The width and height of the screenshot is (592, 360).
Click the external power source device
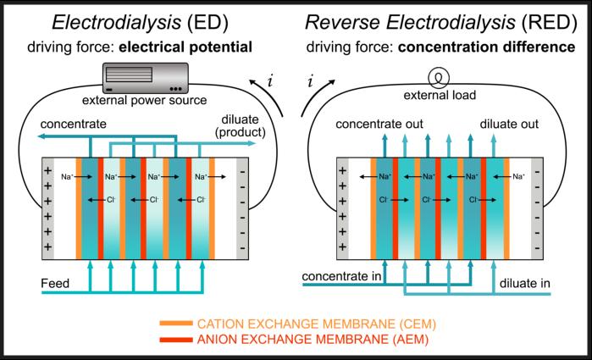point(146,78)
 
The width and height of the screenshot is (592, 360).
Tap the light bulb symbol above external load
point(439,78)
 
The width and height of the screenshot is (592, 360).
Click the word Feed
point(55,283)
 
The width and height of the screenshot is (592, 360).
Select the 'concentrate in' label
point(341,276)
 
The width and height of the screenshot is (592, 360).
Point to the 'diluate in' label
point(524,283)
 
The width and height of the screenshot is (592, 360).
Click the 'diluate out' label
point(509,124)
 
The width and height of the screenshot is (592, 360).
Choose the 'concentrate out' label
point(379,124)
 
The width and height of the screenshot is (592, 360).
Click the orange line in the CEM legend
point(176,324)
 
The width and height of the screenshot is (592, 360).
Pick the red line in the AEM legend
point(176,340)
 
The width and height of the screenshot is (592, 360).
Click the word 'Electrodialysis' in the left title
point(117,23)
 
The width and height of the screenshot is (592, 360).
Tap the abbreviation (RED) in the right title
point(550,22)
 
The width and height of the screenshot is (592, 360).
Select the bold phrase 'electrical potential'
point(185,47)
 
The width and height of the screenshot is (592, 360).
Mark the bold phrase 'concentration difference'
point(487,47)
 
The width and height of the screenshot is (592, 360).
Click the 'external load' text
point(440,95)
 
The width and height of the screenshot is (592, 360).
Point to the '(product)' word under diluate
point(241,132)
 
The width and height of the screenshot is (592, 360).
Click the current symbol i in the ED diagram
point(269,81)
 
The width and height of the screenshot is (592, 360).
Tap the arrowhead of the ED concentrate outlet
point(41,136)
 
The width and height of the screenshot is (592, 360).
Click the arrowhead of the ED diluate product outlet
point(252,143)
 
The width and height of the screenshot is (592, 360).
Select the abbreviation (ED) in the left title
point(207,23)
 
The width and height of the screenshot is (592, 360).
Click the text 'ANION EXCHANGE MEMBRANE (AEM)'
point(313,340)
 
